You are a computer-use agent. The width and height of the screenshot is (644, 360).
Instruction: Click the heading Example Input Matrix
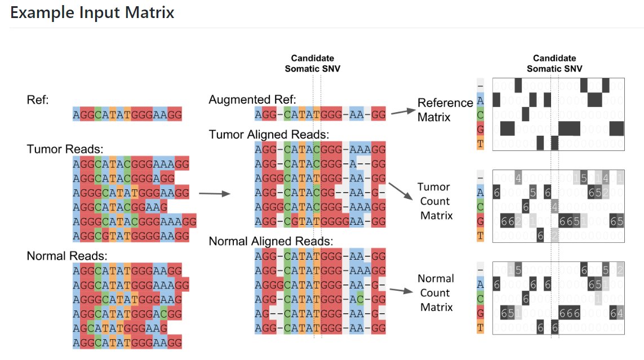[x=92, y=13]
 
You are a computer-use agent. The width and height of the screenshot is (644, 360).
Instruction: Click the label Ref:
[x=38, y=100]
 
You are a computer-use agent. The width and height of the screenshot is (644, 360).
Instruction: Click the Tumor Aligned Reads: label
[x=269, y=135]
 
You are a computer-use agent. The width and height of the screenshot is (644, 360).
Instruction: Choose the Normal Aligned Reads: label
[x=271, y=241]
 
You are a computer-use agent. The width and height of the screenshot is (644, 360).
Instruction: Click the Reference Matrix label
[x=445, y=110]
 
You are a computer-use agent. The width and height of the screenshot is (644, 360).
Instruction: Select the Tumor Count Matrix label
[x=435, y=202]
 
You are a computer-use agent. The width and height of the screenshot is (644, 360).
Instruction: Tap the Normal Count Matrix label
[x=436, y=293]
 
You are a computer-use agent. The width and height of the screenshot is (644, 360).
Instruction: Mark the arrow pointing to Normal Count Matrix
[x=401, y=291]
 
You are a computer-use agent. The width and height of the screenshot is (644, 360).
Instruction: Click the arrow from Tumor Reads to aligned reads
[x=215, y=194]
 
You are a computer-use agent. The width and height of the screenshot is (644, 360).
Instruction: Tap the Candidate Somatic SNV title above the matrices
[x=554, y=63]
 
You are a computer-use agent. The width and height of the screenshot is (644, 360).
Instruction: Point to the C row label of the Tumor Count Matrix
[x=480, y=207]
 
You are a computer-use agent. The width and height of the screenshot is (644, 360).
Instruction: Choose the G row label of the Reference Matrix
[x=480, y=129]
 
